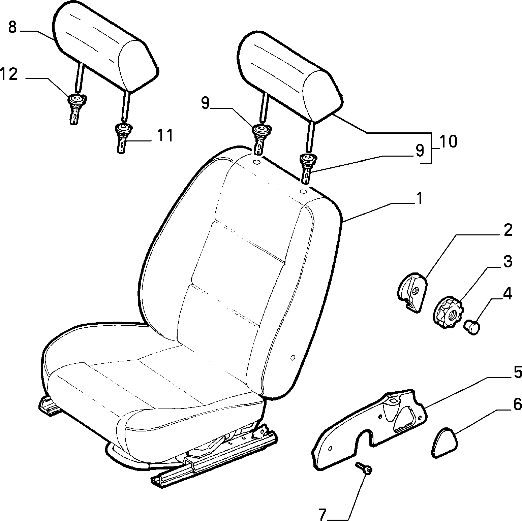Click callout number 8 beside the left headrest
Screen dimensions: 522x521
click(x=12, y=27)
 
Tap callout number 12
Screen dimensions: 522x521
click(x=9, y=74)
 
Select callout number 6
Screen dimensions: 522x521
click(x=517, y=404)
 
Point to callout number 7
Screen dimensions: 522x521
click(x=323, y=515)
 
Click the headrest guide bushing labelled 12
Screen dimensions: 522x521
click(x=76, y=108)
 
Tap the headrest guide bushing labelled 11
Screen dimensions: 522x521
click(x=123, y=137)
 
